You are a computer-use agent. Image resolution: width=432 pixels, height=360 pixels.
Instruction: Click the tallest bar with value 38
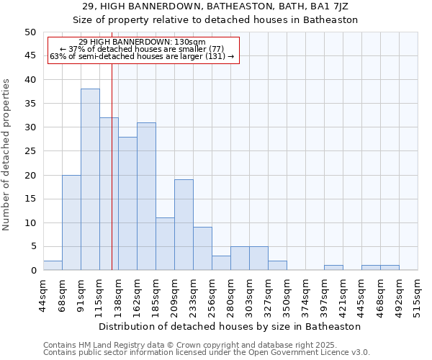coord(90,179)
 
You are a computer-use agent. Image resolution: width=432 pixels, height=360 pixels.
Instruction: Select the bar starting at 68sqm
coord(71,222)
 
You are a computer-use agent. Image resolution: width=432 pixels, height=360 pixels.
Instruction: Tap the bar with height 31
coord(146,196)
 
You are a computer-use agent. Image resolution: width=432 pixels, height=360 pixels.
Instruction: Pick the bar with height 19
coord(184,225)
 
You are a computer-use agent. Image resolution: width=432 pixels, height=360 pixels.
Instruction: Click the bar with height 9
coord(202,248)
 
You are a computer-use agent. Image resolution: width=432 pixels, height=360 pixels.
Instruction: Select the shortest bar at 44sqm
coord(53,266)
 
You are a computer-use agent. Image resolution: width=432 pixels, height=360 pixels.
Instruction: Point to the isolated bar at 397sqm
coord(333,268)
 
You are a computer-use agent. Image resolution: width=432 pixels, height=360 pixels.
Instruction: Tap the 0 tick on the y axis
coord(32,271)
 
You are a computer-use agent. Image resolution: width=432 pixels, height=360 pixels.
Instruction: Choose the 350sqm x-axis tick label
coord(287,295)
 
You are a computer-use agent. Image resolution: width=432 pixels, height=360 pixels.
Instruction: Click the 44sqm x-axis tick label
coord(43,295)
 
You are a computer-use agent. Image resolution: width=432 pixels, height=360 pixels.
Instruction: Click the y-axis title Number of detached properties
coord(7,154)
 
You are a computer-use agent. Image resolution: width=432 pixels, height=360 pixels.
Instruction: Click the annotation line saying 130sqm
coord(142,42)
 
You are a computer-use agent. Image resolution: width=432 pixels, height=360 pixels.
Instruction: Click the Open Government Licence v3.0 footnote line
coord(207,353)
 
